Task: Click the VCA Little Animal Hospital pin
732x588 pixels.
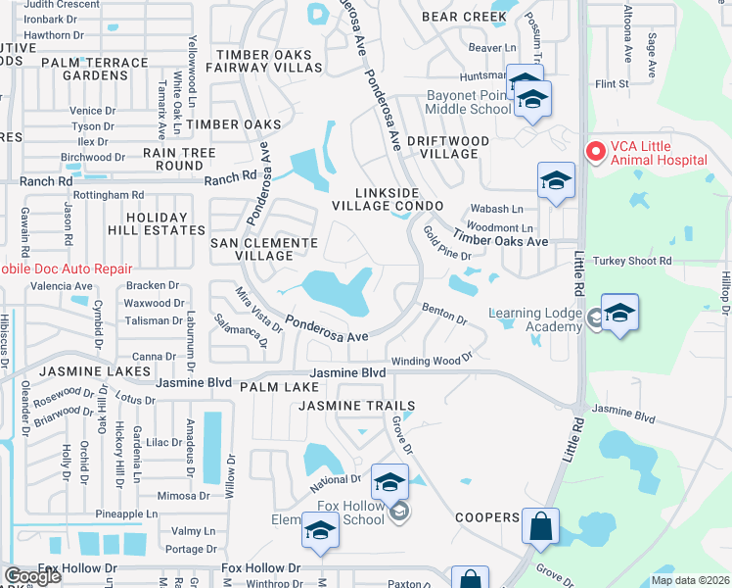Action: tap(593, 152)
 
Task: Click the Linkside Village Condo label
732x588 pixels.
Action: tap(387, 198)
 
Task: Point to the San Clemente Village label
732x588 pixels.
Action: tap(264, 248)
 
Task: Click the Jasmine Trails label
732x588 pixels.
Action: tap(357, 405)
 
